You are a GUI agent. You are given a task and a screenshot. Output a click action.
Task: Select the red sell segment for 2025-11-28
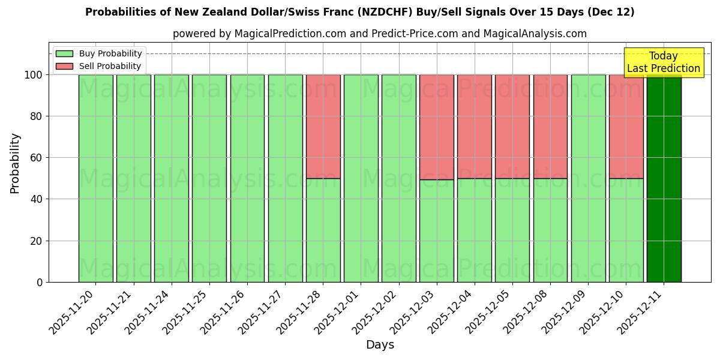[x=323, y=127]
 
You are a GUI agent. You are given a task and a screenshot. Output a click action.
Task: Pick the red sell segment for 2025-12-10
[x=626, y=127]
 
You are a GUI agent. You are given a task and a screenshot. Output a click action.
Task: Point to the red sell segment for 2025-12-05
[x=512, y=127]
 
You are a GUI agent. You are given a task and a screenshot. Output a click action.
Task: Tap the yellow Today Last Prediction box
[x=663, y=62]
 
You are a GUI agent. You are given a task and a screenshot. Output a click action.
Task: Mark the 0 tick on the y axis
[x=40, y=282]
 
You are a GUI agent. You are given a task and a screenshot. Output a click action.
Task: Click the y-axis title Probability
[x=16, y=163]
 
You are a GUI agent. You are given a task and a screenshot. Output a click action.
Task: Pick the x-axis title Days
[x=380, y=345]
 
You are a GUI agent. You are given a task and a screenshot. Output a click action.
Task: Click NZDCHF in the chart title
[x=385, y=12]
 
